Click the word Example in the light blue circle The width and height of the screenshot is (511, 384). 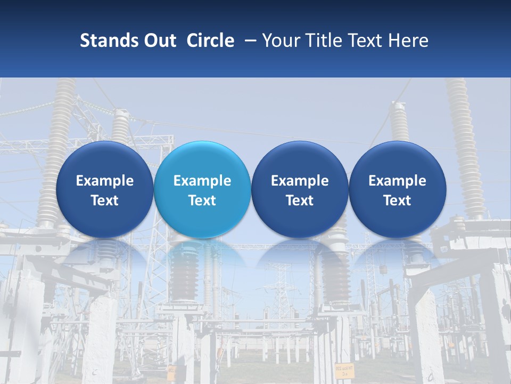[x=202, y=181]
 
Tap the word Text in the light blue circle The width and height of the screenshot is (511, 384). [x=202, y=201]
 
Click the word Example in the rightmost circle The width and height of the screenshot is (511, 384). [x=397, y=181]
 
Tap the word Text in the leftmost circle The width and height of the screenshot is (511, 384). [x=105, y=201]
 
